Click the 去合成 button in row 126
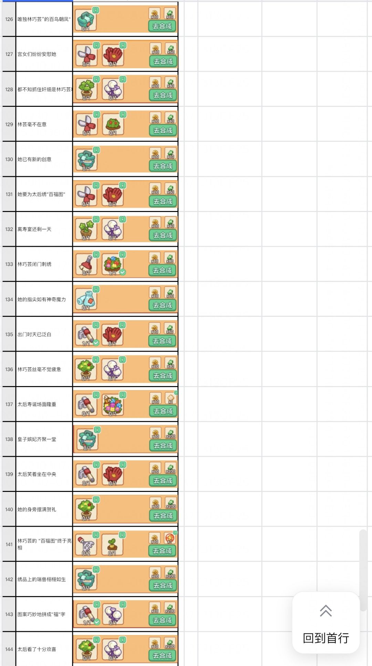(162, 26)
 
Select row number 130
(9, 159)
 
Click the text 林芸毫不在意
(32, 124)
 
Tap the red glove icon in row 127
(113, 55)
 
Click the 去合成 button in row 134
(162, 305)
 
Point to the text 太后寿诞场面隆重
(37, 404)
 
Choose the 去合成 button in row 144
(162, 655)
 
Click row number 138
(9, 439)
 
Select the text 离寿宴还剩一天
(34, 229)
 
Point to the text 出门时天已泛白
(34, 334)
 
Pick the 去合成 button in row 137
(163, 411)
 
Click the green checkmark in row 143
(97, 622)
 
